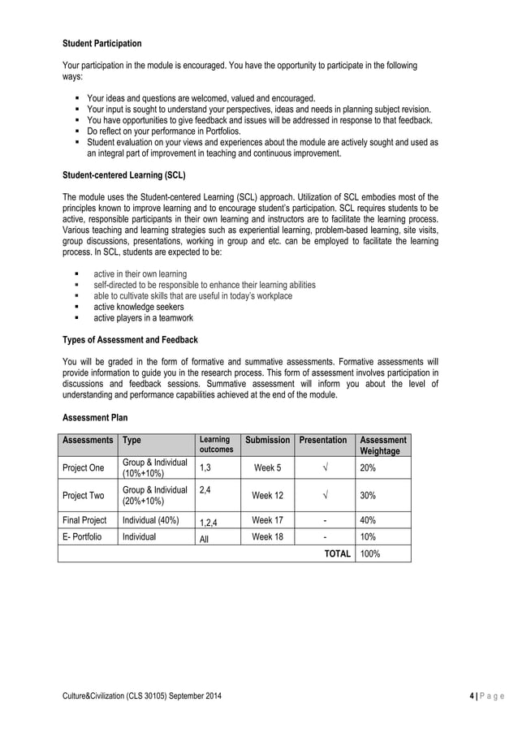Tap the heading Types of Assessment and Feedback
(x=130, y=339)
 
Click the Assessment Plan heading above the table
(x=95, y=418)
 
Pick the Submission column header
(x=267, y=440)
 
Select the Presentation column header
(x=323, y=440)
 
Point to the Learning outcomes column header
(x=217, y=445)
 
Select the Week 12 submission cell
(x=267, y=495)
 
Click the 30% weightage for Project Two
(x=368, y=495)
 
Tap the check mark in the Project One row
(x=323, y=468)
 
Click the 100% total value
(x=370, y=553)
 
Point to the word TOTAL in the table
(x=337, y=553)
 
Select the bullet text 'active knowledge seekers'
(x=139, y=308)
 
